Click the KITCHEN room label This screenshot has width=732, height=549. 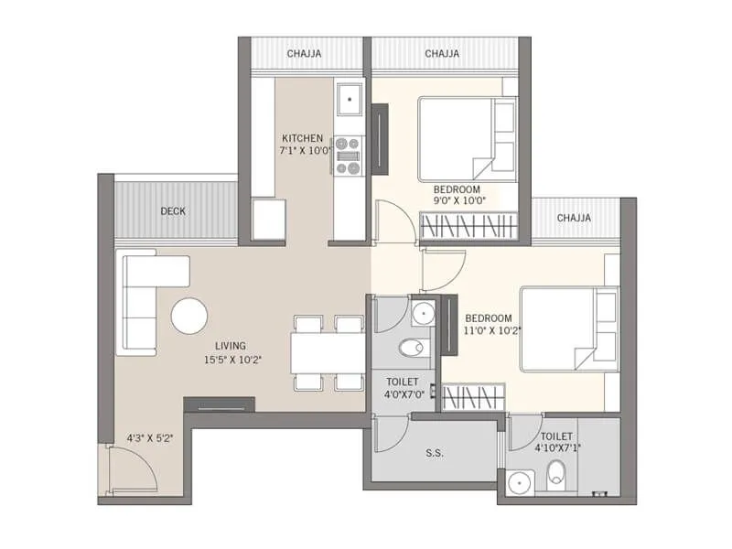pyautogui.click(x=302, y=138)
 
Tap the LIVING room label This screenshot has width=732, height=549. pyautogui.click(x=230, y=345)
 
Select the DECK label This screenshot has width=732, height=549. pyautogui.click(x=173, y=211)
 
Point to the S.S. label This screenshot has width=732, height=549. pyautogui.click(x=435, y=452)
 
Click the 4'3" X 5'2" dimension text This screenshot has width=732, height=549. pyautogui.click(x=150, y=437)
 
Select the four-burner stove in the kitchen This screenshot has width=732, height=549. pyautogui.click(x=349, y=155)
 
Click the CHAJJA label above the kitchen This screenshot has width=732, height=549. pyautogui.click(x=303, y=54)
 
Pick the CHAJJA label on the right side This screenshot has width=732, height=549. pyautogui.click(x=574, y=218)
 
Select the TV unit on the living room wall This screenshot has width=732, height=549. pyautogui.click(x=219, y=404)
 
